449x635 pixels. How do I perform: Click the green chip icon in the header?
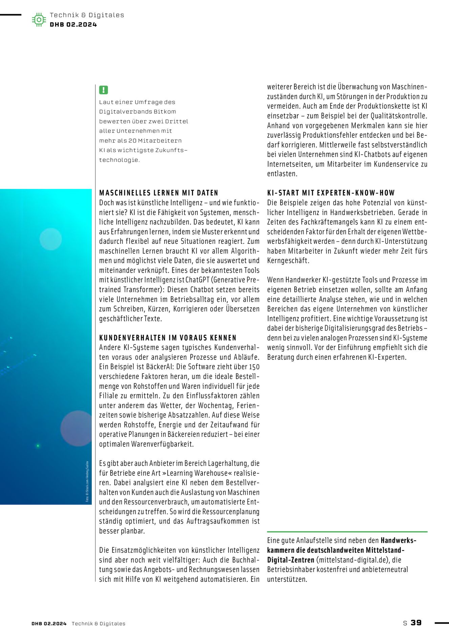[x=39, y=20]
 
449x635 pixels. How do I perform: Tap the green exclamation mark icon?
[x=103, y=90]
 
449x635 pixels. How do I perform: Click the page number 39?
[x=416, y=623]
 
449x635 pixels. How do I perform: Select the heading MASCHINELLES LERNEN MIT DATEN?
[x=158, y=193]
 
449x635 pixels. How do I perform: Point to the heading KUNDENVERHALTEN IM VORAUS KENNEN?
[x=168, y=338]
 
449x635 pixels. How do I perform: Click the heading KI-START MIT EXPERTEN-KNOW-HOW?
[x=331, y=193]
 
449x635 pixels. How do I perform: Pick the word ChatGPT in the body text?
[x=198, y=280]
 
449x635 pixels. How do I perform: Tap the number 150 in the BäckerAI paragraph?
[x=254, y=367]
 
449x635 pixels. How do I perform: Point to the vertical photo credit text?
[x=87, y=481]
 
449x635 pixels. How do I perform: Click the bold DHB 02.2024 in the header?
[x=73, y=24]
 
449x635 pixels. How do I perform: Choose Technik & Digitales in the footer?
[x=98, y=623]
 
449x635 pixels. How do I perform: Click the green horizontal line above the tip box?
[x=347, y=532]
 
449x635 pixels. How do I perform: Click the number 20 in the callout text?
[x=132, y=141]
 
